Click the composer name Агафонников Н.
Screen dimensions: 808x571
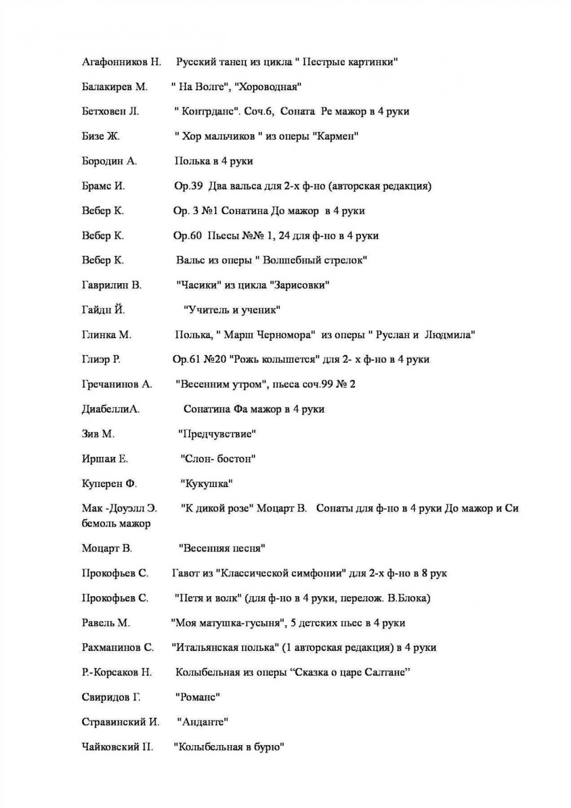pos(122,62)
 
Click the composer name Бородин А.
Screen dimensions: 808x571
pos(109,161)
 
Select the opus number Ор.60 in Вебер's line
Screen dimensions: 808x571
pos(187,235)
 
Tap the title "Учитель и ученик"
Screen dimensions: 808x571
pos(232,310)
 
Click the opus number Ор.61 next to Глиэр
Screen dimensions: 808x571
pos(186,359)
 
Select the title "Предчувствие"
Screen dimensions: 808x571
pos(217,434)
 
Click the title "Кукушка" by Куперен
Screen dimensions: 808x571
pos(207,484)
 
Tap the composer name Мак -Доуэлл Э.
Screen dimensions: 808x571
pos(119,508)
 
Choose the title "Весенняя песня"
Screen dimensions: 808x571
pos(222,548)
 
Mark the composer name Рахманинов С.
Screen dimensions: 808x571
pos(118,648)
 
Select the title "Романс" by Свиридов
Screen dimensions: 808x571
pos(198,697)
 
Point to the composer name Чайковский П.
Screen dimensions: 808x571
pos(118,747)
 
